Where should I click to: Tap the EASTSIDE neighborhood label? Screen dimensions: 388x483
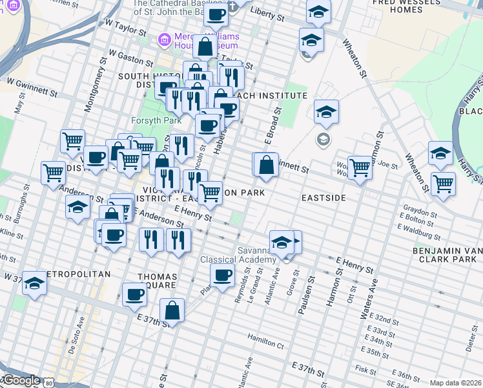[x=324, y=197]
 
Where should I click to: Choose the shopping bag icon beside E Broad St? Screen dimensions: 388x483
[x=265, y=166]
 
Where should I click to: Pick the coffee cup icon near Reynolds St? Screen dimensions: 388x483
[x=223, y=276]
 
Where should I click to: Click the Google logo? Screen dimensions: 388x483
[x=21, y=380]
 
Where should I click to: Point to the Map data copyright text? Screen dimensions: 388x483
[x=456, y=383]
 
